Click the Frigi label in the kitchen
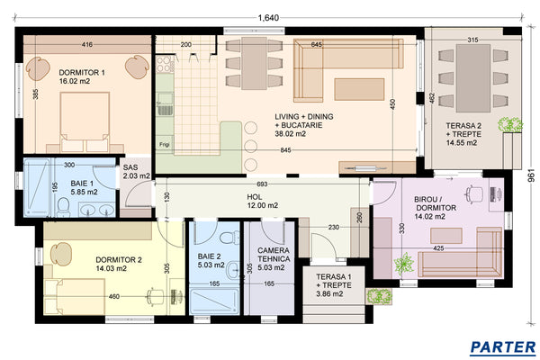pos(165,143)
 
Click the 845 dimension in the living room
pos(284,149)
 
